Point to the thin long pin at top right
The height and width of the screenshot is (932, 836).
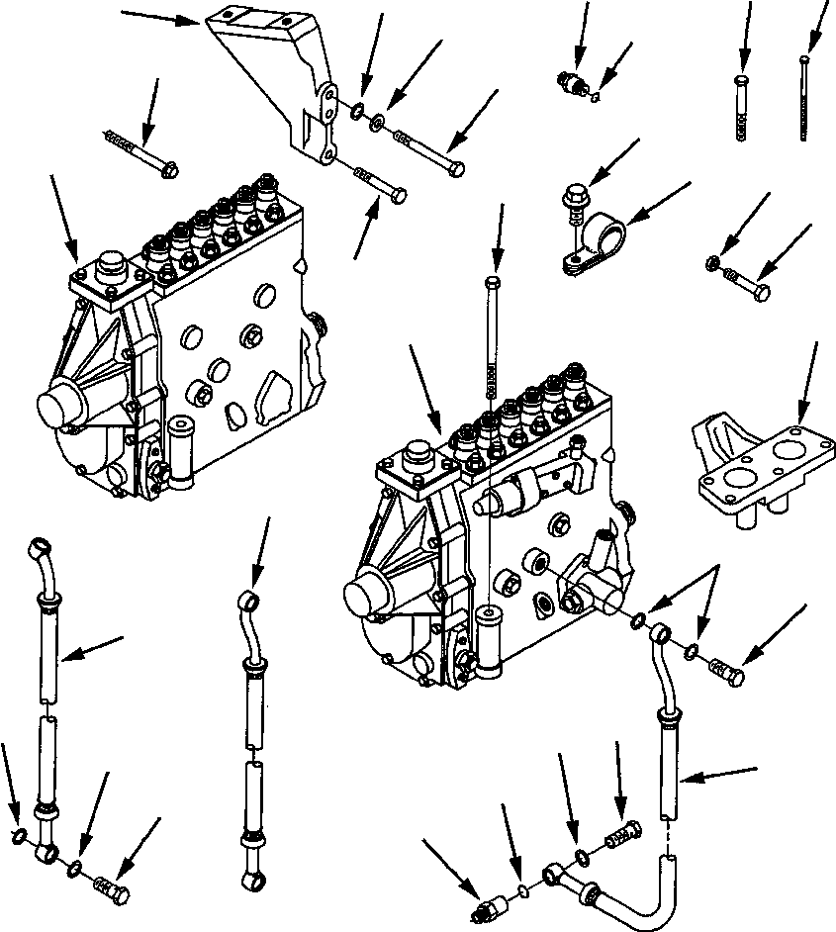click(803, 99)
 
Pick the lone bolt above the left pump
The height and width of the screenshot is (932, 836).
click(140, 153)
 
